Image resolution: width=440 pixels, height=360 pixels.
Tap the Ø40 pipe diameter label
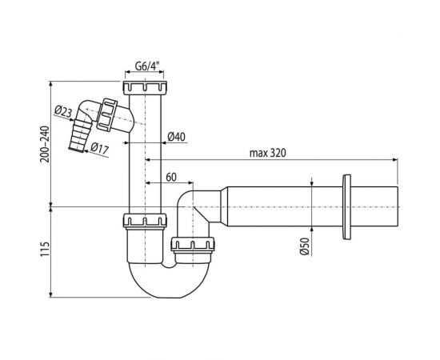click(x=178, y=137)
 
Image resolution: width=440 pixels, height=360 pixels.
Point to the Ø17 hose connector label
click(x=99, y=147)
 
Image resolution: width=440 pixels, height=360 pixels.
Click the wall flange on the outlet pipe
click(x=346, y=206)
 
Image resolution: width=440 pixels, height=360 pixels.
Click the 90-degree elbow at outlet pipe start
click(x=192, y=205)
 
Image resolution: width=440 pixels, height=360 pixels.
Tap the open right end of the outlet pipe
click(x=397, y=206)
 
